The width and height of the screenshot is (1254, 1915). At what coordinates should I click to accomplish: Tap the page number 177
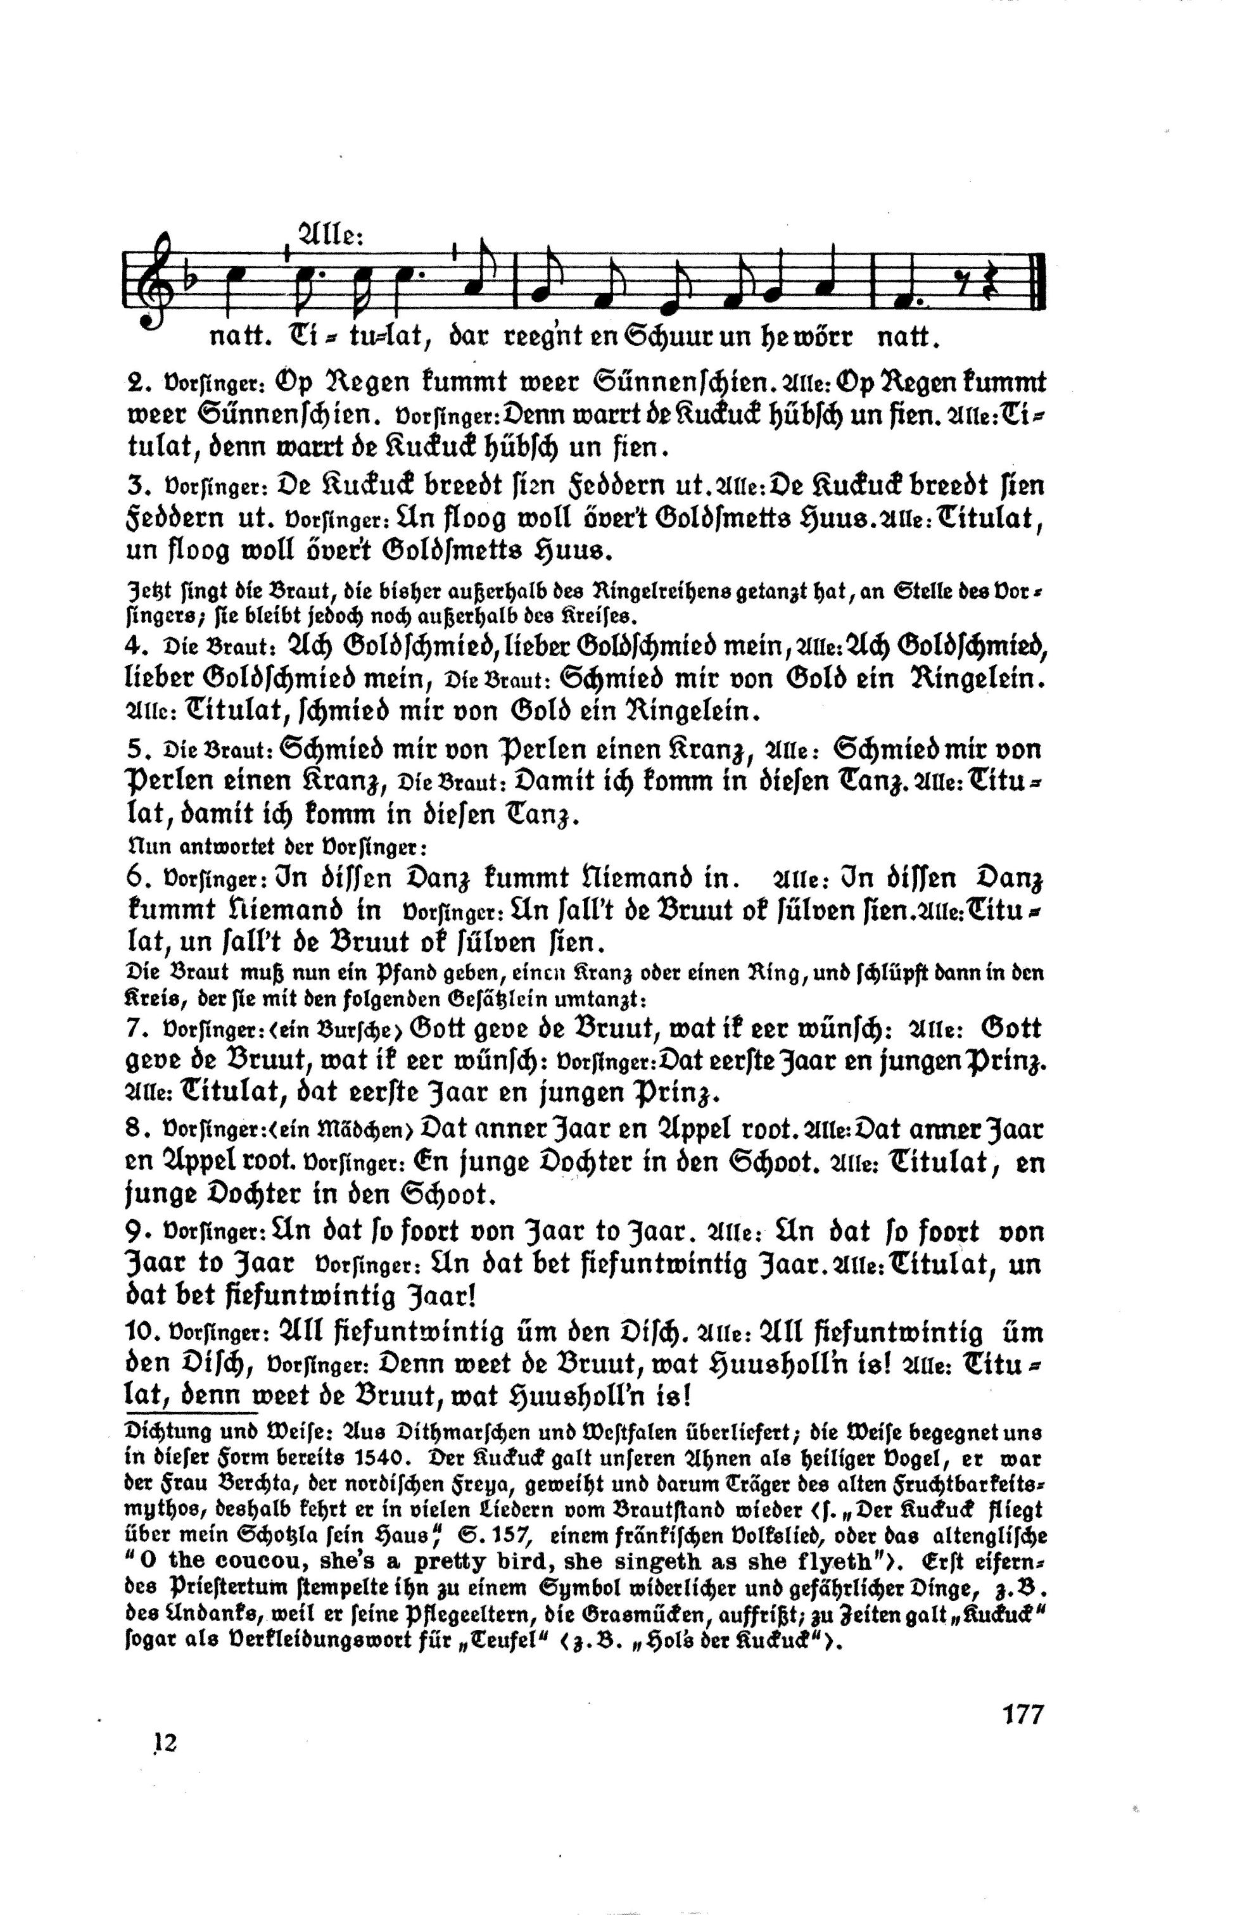tap(1020, 1736)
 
